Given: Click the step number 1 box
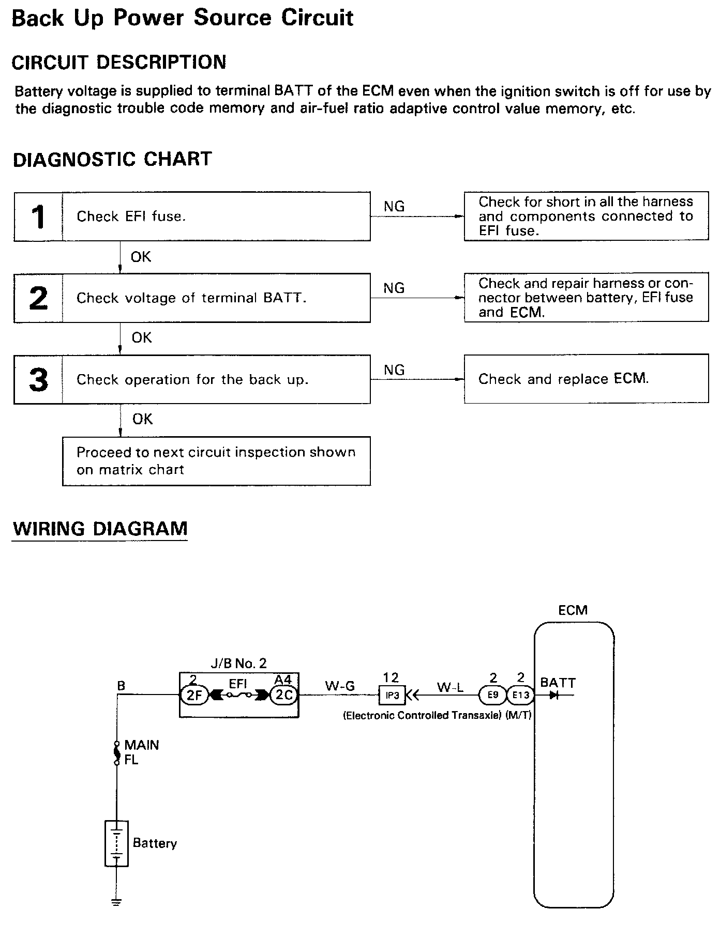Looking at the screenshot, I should (x=38, y=217).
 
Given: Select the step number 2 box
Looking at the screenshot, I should (x=38, y=298).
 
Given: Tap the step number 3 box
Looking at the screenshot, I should (x=38, y=379).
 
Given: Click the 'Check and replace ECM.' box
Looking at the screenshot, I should (x=586, y=379).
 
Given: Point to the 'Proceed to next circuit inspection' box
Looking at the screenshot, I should (x=216, y=461).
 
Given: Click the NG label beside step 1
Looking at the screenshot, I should (x=394, y=206).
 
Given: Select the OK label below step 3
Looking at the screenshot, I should (x=142, y=419).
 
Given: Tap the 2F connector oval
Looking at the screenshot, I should (x=193, y=695).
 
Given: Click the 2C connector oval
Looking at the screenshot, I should (x=284, y=695).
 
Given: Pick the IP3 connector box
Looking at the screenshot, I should (x=392, y=695).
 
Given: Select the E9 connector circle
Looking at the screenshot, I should (x=493, y=695).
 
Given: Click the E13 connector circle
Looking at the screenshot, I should (x=520, y=695).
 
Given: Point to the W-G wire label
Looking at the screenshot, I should (x=340, y=686).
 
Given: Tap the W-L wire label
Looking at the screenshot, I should (x=450, y=687).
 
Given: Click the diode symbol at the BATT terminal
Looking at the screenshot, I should (x=554, y=695).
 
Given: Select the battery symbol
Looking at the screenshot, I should (x=116, y=843).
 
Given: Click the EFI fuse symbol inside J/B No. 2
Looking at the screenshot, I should (x=239, y=695).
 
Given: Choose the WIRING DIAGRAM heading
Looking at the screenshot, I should (x=100, y=529).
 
